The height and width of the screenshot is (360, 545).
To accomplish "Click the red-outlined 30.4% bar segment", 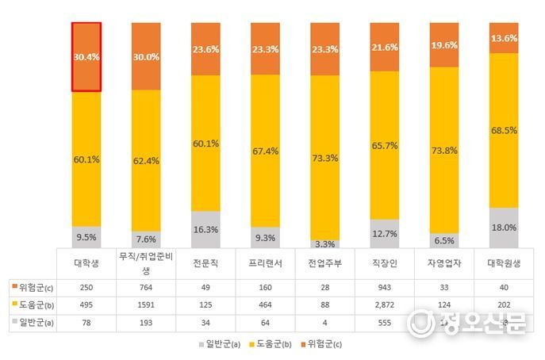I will click(x=86, y=57).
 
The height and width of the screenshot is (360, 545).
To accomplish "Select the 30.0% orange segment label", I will click(x=145, y=57).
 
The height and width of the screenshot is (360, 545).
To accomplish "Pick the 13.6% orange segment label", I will click(x=504, y=38).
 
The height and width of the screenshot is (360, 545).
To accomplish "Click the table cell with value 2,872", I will click(x=385, y=304).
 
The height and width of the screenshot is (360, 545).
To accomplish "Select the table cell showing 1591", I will click(x=146, y=304).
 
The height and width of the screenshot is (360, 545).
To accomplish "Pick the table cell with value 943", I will click(x=385, y=285).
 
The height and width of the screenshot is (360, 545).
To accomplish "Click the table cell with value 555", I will click(x=385, y=323).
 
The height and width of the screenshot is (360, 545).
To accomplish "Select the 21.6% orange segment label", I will click(x=385, y=48).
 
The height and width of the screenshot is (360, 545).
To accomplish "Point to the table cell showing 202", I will click(x=504, y=304).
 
